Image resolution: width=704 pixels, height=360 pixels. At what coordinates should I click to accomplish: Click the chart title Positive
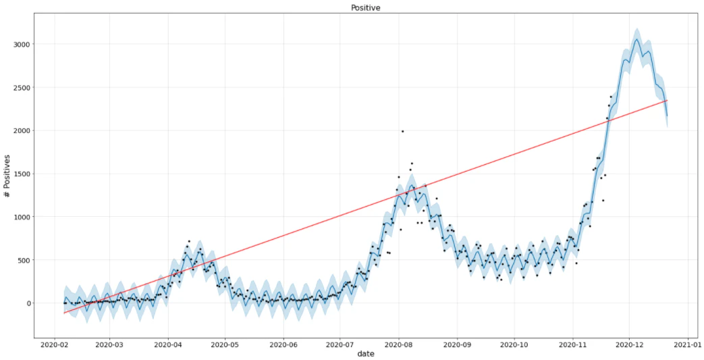tap(365, 7)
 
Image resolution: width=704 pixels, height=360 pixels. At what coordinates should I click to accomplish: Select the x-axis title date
tap(366, 354)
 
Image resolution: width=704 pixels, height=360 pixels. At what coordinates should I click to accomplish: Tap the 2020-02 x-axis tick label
tap(55, 344)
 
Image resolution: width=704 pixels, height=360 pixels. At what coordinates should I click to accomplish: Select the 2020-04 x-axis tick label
tap(168, 344)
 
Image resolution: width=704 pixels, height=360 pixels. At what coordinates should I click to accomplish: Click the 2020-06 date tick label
tap(283, 344)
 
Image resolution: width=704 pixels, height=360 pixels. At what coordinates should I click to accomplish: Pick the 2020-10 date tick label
tap(514, 344)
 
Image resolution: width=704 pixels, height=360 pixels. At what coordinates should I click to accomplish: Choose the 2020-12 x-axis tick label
tap(630, 344)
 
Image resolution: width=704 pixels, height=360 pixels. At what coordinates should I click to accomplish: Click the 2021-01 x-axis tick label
tap(688, 344)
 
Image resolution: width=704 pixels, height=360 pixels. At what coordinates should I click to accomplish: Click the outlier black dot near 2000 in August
tap(403, 131)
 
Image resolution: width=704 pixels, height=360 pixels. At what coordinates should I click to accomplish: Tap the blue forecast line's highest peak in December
tap(637, 39)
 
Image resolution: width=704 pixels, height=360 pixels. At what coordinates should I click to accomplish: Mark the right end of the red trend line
tap(667, 100)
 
